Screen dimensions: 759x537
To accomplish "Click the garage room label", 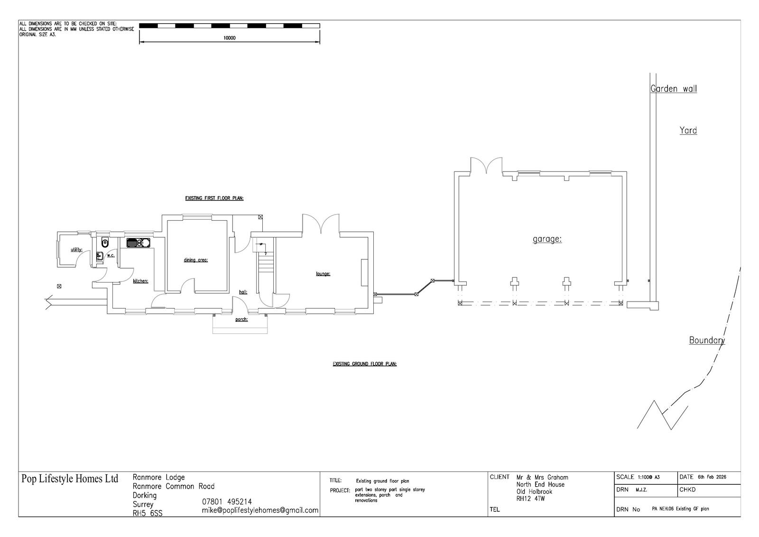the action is [547, 239].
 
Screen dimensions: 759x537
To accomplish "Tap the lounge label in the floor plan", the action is [323, 274].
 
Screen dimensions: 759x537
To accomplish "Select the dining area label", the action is [195, 260].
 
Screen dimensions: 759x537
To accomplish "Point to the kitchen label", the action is [140, 281].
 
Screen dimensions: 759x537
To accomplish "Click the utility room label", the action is [76, 250].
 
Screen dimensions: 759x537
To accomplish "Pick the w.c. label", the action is [111, 255].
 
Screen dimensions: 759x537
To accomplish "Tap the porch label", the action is [241, 320].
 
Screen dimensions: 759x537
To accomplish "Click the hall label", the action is [243, 292].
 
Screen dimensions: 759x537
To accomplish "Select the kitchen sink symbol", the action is [138, 243].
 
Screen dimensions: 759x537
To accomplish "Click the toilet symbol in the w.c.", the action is [105, 242].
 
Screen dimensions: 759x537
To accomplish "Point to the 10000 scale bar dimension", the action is [230, 38].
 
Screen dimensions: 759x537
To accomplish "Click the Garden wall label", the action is [674, 89].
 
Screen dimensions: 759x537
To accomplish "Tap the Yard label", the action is [688, 131].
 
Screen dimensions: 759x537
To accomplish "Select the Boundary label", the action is [707, 340].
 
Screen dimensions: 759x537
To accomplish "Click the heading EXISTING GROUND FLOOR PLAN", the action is [365, 364].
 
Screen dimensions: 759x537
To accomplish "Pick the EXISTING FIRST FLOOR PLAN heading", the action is [214, 198].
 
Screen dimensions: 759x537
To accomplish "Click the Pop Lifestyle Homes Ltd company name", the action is [70, 479].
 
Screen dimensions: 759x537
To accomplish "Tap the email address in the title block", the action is [260, 510].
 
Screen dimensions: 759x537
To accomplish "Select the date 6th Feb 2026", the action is [712, 477].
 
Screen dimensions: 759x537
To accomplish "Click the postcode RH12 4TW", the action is [531, 499].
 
